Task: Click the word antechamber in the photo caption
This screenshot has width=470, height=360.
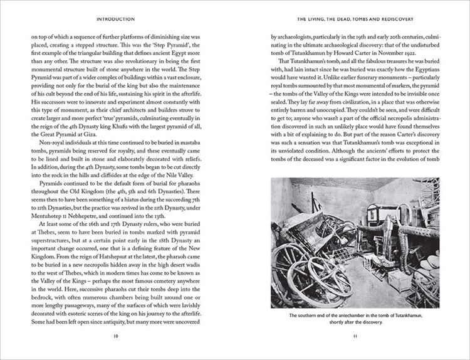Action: point(355,315)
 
